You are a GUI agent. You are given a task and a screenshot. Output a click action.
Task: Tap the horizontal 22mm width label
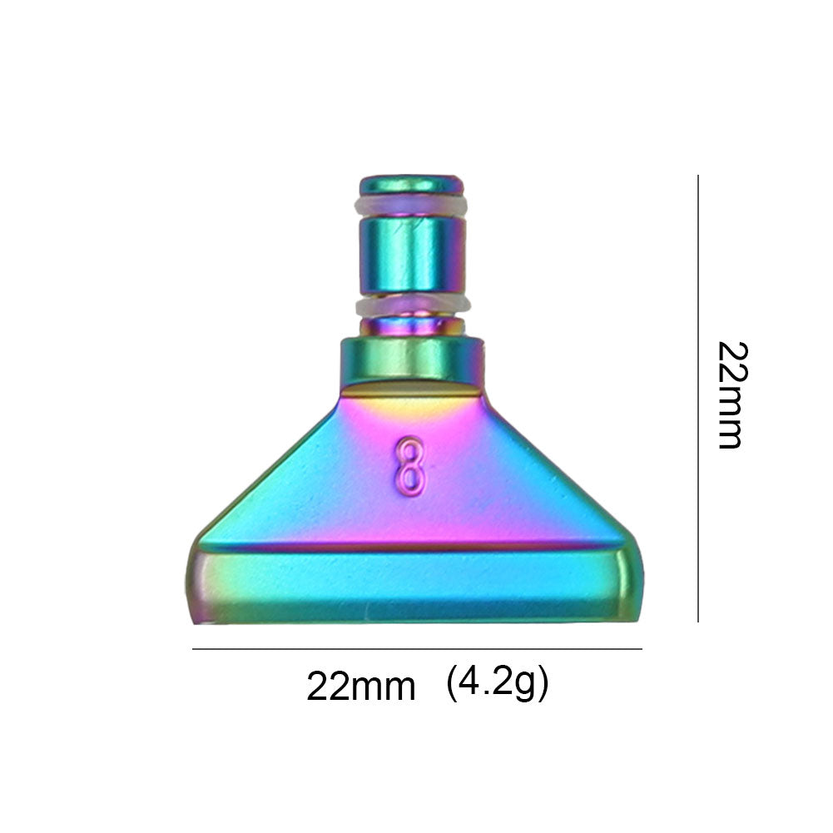[x=360, y=687]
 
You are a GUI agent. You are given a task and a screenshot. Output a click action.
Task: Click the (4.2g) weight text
[x=497, y=684]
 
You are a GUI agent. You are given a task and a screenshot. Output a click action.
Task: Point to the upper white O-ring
[x=410, y=205]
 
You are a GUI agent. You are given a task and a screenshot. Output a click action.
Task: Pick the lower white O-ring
[x=412, y=305]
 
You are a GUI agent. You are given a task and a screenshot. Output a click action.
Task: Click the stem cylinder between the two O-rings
[x=411, y=254]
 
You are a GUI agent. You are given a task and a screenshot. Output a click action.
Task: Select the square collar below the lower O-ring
[x=412, y=358]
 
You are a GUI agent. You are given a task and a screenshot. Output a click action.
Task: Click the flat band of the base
[x=412, y=583]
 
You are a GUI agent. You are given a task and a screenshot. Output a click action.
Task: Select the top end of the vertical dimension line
[x=697, y=176]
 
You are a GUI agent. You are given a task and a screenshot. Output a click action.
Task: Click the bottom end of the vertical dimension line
[x=697, y=621]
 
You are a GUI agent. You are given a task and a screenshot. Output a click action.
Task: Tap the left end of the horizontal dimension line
[x=194, y=648]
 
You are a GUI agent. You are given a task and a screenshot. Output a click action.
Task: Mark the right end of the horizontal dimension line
[x=641, y=648]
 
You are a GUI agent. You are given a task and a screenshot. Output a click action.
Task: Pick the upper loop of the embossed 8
[x=409, y=449]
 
